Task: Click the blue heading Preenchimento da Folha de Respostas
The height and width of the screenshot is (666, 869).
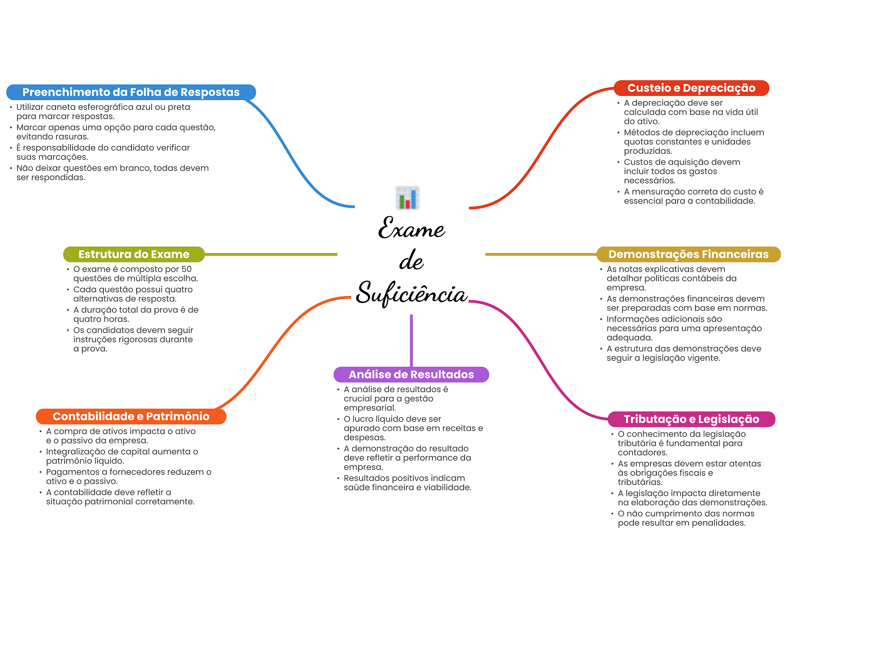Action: (x=131, y=92)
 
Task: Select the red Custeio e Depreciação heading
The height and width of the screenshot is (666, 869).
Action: (x=691, y=88)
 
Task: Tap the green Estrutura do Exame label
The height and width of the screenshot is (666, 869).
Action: (x=134, y=254)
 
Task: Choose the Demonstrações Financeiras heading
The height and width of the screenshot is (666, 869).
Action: (x=688, y=254)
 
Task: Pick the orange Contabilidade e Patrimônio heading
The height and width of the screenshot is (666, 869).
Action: (x=131, y=416)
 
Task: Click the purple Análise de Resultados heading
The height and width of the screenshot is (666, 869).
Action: (x=411, y=374)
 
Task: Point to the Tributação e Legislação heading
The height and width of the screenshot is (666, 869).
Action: (x=691, y=419)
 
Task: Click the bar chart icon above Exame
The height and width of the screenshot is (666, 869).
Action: (x=408, y=198)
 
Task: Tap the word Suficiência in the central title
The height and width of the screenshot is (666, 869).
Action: (x=412, y=293)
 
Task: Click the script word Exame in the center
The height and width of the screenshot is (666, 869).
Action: (x=411, y=228)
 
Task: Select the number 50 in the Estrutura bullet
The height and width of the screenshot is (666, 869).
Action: (x=186, y=269)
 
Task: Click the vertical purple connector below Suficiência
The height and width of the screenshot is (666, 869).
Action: (x=411, y=340)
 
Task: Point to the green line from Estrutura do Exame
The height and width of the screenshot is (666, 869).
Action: (x=271, y=254)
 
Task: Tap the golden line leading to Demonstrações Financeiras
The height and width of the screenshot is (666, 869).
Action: (x=541, y=254)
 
